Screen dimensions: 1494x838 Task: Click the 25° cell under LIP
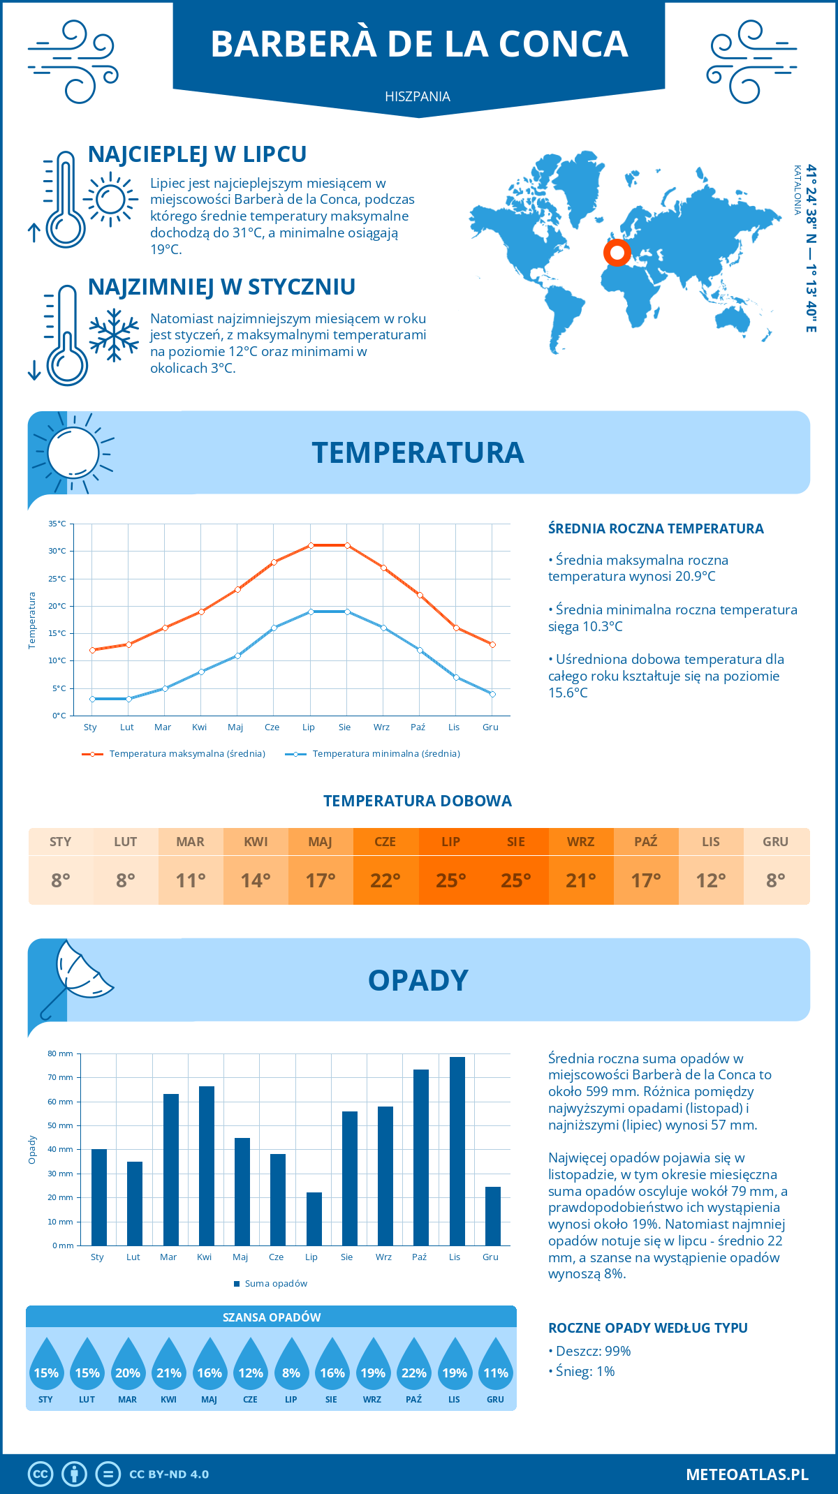point(450,880)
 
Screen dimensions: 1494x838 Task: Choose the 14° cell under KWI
point(256,880)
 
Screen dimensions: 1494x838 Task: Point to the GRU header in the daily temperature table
point(775,841)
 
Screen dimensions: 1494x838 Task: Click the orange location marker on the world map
point(617,252)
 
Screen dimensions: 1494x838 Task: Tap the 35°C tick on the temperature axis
point(57,524)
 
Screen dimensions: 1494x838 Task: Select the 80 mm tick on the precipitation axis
point(60,1053)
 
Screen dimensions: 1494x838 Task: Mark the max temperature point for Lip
point(311,545)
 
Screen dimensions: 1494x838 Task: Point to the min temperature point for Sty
point(92,699)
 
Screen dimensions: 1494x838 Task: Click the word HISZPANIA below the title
point(418,96)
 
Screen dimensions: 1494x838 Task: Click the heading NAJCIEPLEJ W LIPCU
point(197,154)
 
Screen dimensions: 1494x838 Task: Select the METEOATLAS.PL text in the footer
point(747,1474)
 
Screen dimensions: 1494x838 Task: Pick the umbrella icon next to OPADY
point(75,977)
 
